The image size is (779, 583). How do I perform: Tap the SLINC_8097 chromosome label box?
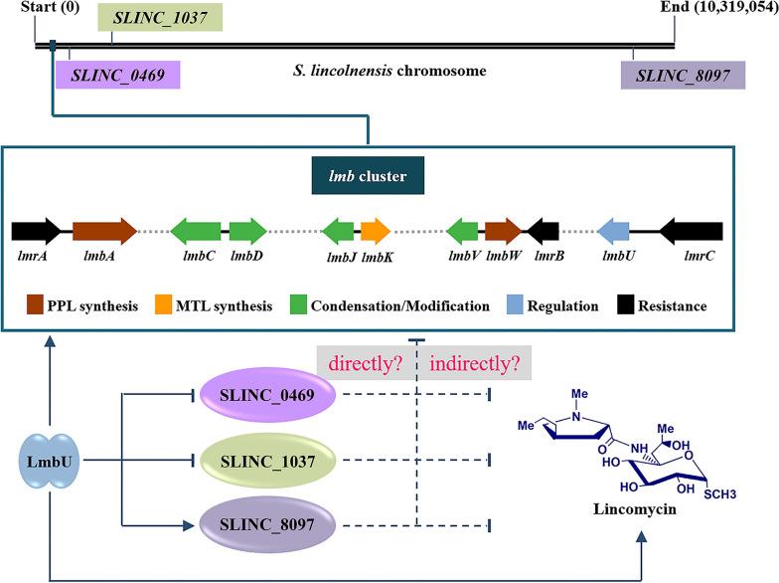coord(683,75)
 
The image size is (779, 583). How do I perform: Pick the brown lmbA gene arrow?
coord(103,233)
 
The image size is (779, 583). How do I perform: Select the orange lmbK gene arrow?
coord(375,233)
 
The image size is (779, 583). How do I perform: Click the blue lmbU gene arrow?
coord(612,233)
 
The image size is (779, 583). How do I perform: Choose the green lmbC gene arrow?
coord(196,233)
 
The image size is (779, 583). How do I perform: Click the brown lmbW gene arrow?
coord(503,233)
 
